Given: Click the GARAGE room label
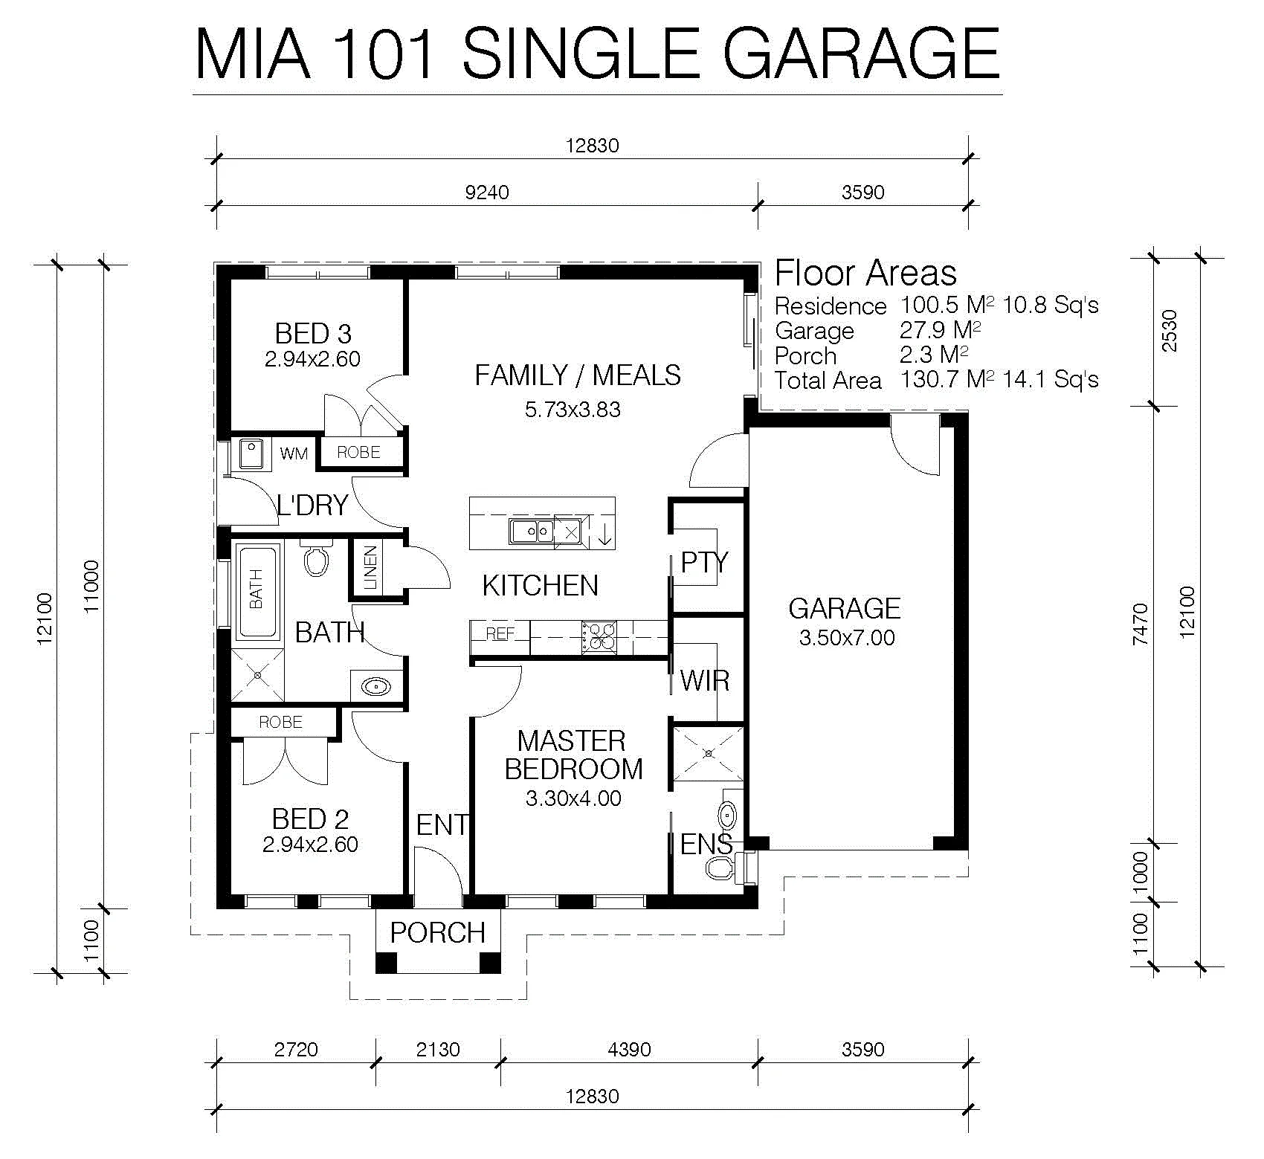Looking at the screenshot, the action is pyautogui.click(x=845, y=609).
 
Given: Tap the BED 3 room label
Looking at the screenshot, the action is pyautogui.click(x=313, y=334).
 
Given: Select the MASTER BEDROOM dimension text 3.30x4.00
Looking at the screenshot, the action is pyautogui.click(x=573, y=798).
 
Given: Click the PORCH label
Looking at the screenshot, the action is pyautogui.click(x=437, y=933).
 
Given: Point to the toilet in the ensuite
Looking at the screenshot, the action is pyautogui.click(x=720, y=867).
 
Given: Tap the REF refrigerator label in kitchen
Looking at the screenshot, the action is pyautogui.click(x=500, y=634).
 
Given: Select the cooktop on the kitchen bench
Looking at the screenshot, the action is pyautogui.click(x=599, y=638).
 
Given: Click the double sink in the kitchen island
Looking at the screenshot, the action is pyautogui.click(x=532, y=532).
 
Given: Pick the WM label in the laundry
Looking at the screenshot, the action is pyautogui.click(x=294, y=453).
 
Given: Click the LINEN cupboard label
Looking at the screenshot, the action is pyautogui.click(x=370, y=568).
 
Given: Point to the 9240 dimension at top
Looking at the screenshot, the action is pyautogui.click(x=487, y=193).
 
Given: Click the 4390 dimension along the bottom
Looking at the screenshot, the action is pyautogui.click(x=630, y=1050).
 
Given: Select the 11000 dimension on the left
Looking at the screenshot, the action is pyautogui.click(x=91, y=587).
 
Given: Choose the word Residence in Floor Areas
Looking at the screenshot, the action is pyautogui.click(x=831, y=306).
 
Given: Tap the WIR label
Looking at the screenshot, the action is pyautogui.click(x=705, y=681).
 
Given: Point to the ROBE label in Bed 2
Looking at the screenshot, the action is pyautogui.click(x=281, y=723).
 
